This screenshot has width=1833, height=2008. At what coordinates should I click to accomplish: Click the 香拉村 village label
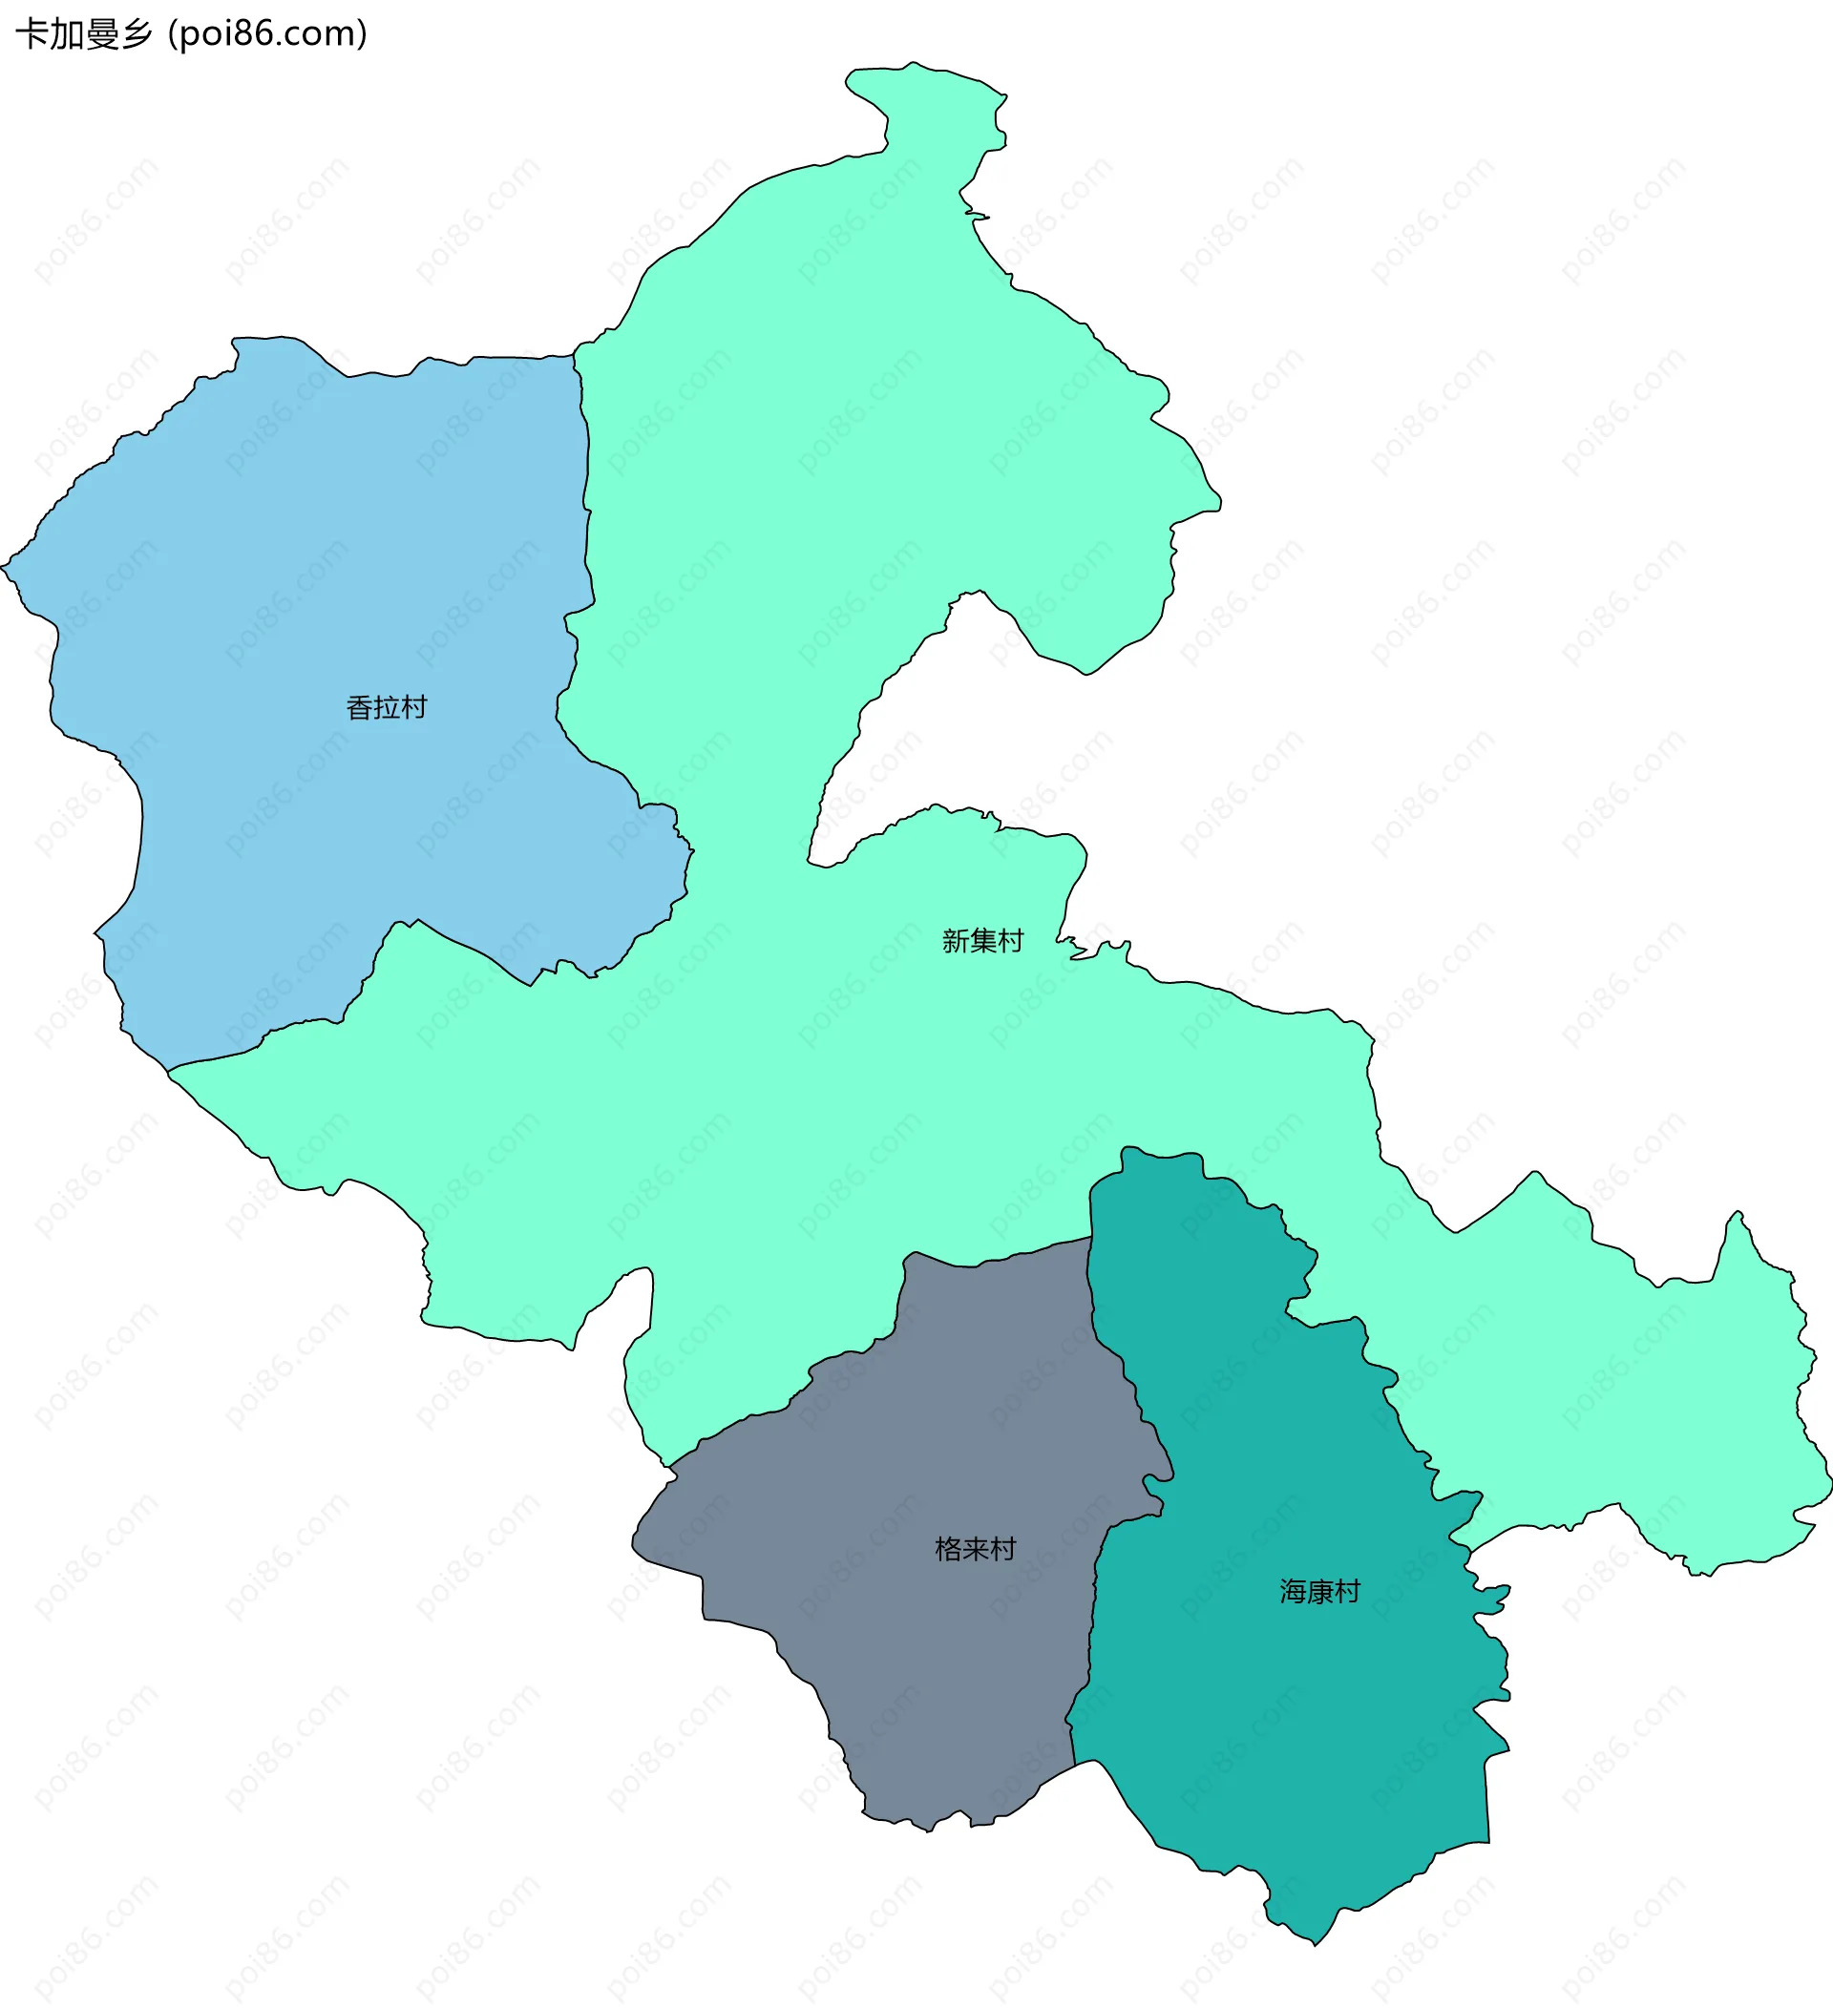(x=387, y=708)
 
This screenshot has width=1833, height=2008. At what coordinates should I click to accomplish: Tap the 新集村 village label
(x=982, y=941)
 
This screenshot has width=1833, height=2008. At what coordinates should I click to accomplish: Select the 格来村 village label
(x=976, y=1549)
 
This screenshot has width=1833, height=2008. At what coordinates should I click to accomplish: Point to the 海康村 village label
(x=1320, y=1592)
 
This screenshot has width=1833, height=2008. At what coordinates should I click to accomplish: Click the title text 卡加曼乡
(x=85, y=35)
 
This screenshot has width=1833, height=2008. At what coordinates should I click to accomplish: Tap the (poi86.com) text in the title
(x=268, y=35)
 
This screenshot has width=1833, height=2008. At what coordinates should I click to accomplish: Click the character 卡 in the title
(x=32, y=35)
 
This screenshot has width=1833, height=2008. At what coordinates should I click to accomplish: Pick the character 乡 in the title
(x=137, y=35)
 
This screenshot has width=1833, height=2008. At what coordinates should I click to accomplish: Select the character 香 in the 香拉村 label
(x=360, y=708)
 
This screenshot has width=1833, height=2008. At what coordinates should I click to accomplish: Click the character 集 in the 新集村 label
(x=983, y=941)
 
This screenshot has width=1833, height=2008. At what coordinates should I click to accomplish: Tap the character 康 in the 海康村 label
(x=1321, y=1592)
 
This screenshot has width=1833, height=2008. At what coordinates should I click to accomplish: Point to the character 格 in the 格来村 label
(x=948, y=1549)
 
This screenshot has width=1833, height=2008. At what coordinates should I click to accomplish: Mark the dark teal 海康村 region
(x=1296, y=1743)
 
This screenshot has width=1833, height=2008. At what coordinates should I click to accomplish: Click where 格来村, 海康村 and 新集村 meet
(x=1091, y=1238)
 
